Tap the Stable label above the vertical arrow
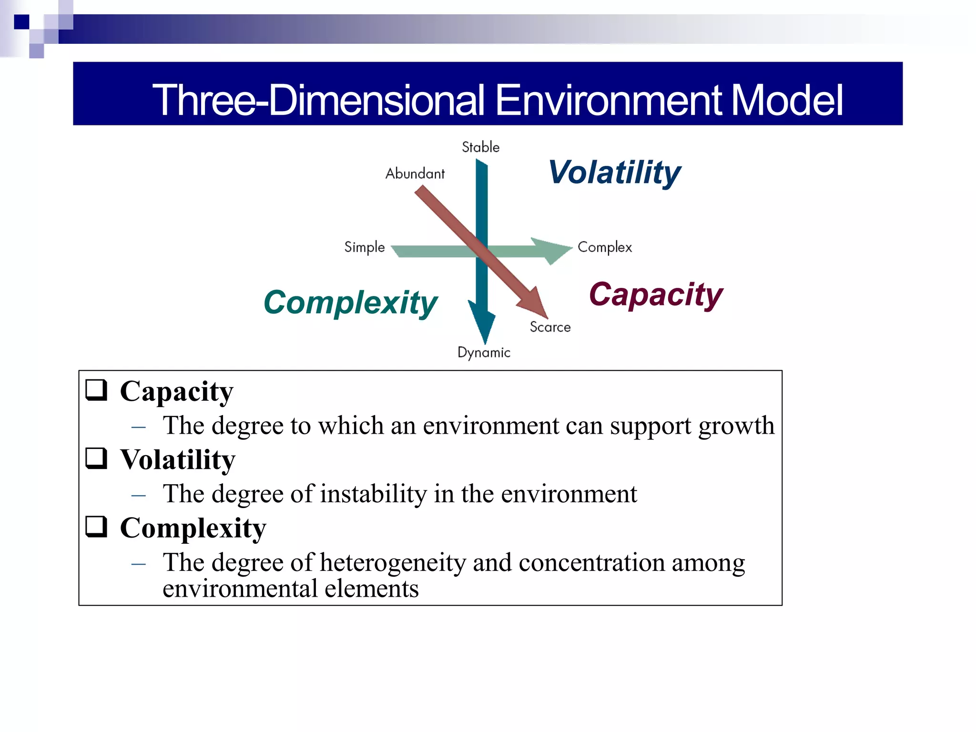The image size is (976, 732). tap(480, 147)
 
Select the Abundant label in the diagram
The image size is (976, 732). tap(415, 173)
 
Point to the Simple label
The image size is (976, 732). tap(365, 247)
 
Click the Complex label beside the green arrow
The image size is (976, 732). tap(604, 247)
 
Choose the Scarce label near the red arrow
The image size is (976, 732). tap(550, 327)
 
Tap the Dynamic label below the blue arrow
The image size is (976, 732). tap(484, 353)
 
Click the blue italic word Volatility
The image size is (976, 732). tap(614, 173)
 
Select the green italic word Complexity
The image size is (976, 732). tap(350, 303)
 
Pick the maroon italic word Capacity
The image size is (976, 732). tap(656, 295)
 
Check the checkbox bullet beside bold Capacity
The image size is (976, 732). tap(96, 390)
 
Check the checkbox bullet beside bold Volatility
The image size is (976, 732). tap(96, 458)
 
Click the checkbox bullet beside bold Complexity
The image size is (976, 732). tap(96, 527)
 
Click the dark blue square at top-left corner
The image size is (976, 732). tap(21, 22)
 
